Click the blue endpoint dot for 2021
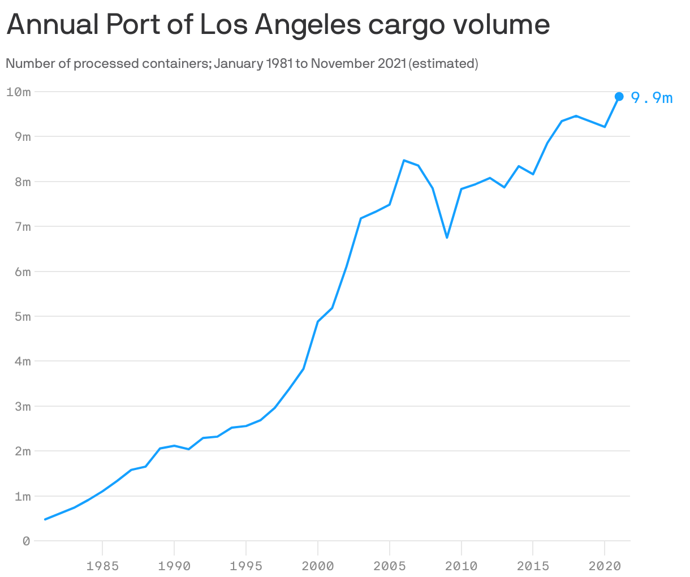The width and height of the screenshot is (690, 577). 619,97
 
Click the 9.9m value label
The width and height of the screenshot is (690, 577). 652,98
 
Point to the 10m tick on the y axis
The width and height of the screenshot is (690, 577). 18,92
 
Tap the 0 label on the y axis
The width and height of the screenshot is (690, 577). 26,541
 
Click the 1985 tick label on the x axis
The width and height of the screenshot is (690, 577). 102,565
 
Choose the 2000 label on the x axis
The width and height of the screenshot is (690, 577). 318,565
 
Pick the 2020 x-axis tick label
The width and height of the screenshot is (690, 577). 605,565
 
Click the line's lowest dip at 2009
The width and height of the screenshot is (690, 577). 447,238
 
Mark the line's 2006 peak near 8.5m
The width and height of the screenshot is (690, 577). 404,160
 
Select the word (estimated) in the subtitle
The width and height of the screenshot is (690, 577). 443,63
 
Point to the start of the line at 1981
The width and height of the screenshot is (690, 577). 45,519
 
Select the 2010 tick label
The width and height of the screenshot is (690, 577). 461,565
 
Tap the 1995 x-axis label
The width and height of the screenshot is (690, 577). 246,565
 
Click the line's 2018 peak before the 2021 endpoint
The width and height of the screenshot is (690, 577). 576,116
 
